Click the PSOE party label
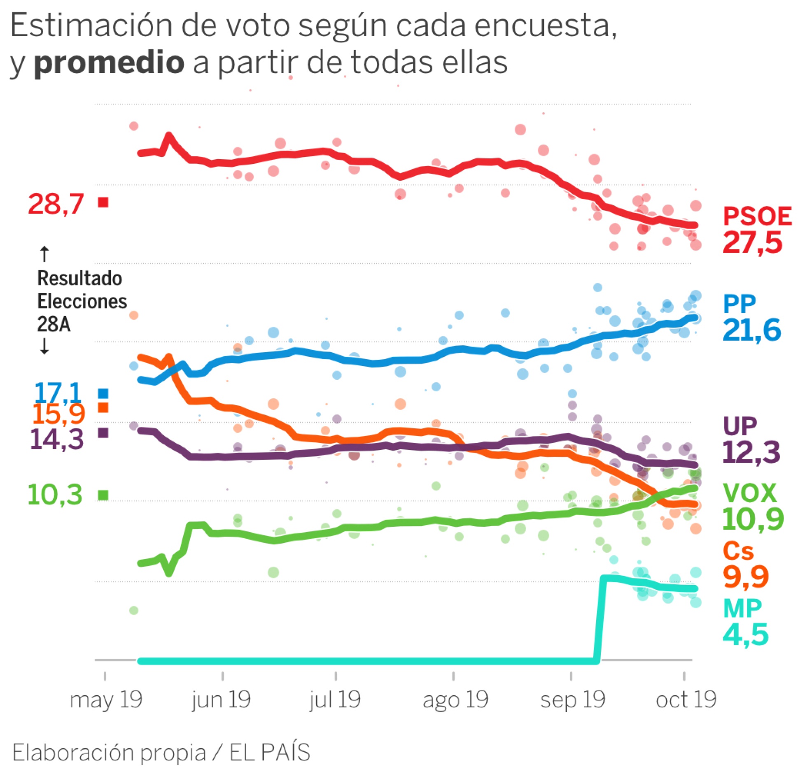coord(757,216)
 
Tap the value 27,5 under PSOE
coord(752,242)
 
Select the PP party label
coord(739,305)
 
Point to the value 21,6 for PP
coord(751,330)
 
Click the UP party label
coord(740,426)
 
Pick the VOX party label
coord(749,493)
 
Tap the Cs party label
coord(738,551)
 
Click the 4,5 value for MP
coord(745,635)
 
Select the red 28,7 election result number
coord(56,204)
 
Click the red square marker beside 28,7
coord(103,202)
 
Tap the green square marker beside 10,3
coord(103,495)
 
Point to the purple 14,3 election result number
coord(57,439)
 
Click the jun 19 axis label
coord(221,700)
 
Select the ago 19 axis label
coord(455,700)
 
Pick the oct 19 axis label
coord(686,700)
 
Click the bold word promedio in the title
coord(109,63)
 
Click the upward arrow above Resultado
coord(44,254)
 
